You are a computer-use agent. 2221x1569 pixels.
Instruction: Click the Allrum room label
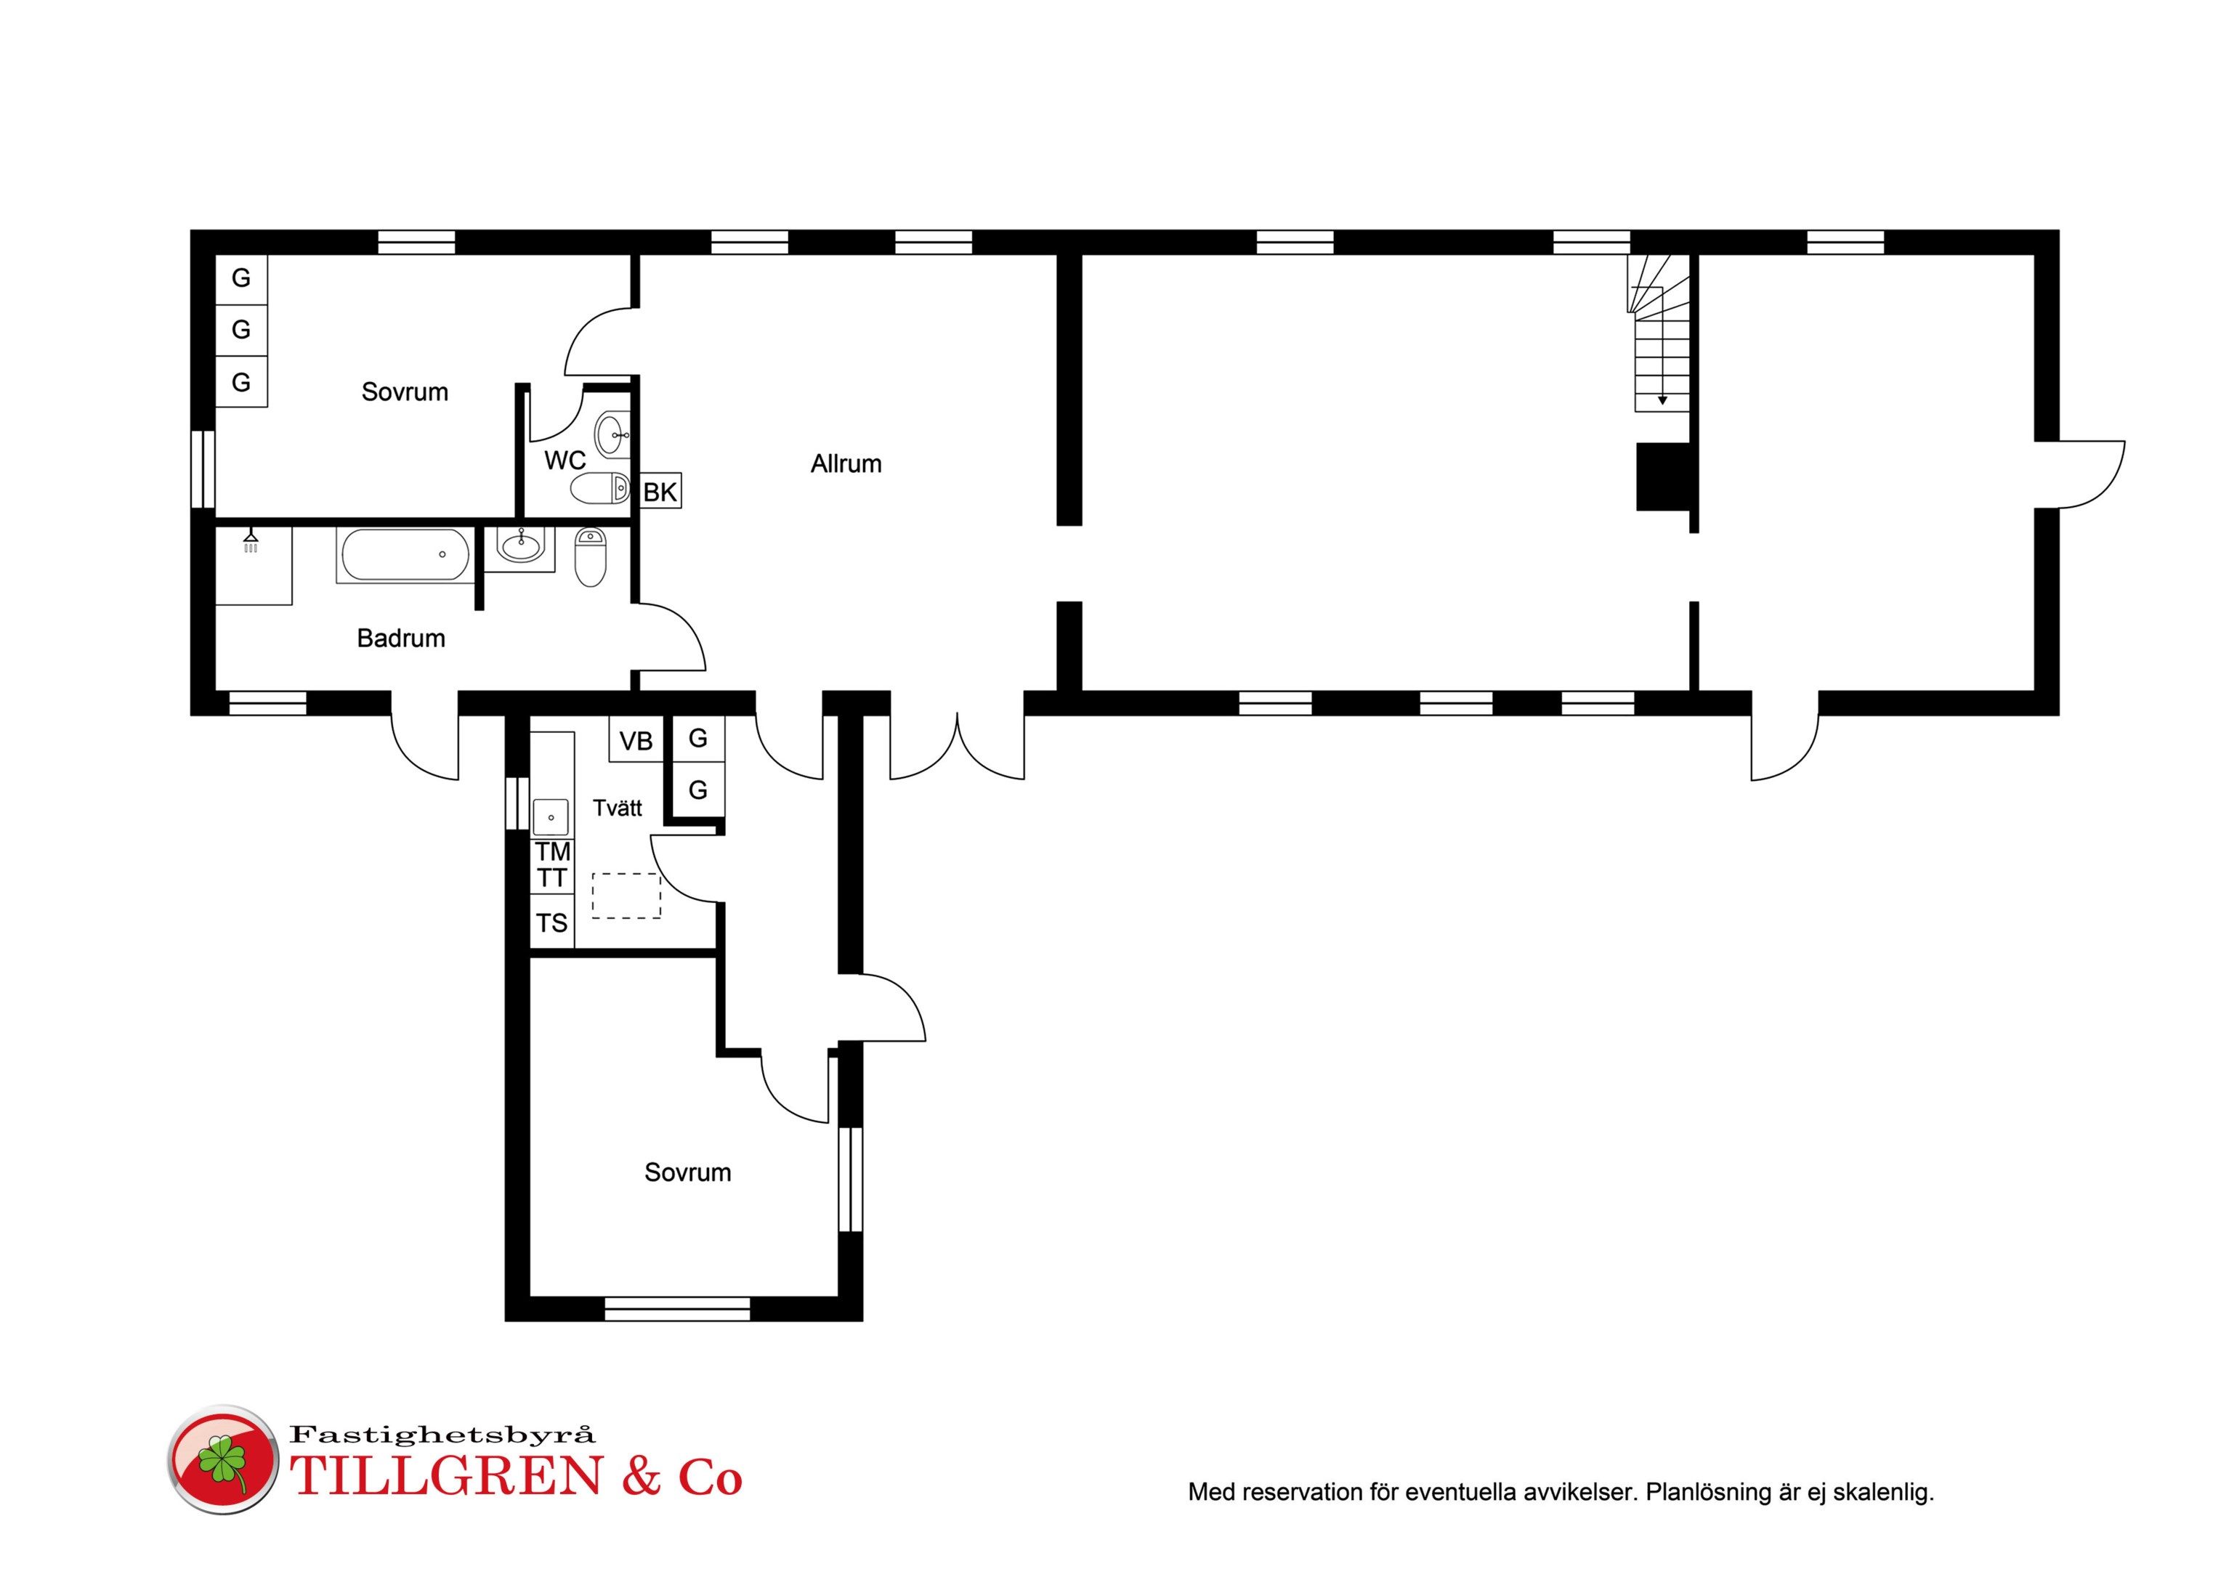pos(846,464)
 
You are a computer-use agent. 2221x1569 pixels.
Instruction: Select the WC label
pos(565,461)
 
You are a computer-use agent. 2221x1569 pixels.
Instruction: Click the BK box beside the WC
pos(660,491)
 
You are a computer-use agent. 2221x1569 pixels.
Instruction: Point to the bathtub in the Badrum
pos(405,555)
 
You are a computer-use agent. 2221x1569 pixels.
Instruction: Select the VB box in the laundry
pos(636,741)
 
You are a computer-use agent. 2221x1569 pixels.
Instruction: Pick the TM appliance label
pos(552,852)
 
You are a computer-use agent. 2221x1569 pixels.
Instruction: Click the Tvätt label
pos(617,808)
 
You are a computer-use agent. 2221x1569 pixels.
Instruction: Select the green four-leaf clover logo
pos(222,1461)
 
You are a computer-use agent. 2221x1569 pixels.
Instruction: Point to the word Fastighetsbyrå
pos(442,1435)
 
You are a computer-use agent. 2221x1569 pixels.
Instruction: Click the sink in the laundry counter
pos(551,817)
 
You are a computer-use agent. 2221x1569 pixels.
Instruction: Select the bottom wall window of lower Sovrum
pos(677,1309)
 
